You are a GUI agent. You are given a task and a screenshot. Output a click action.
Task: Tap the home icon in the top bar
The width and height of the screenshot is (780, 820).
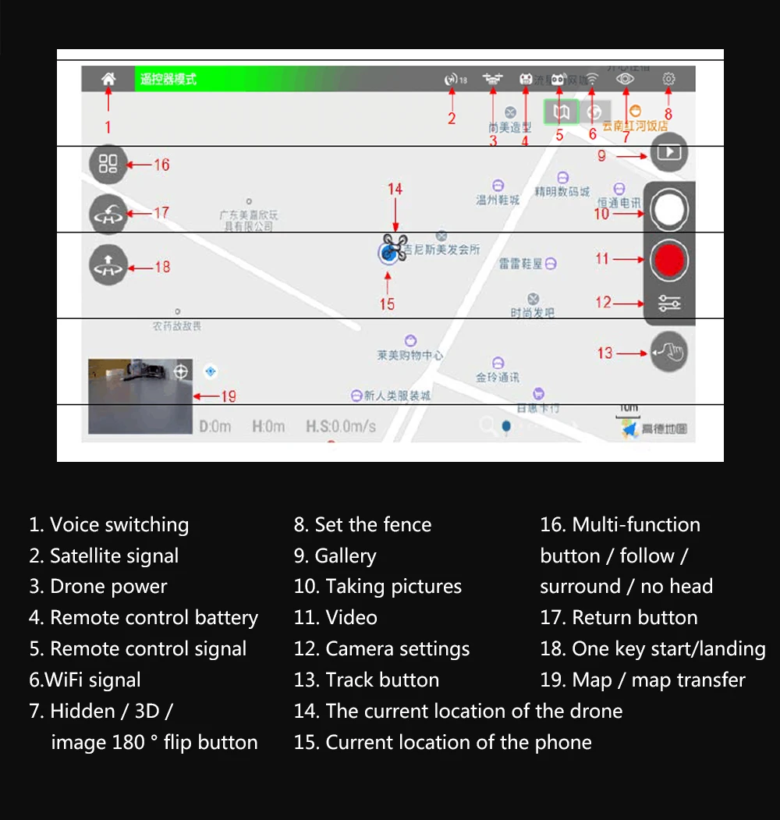pyautogui.click(x=108, y=79)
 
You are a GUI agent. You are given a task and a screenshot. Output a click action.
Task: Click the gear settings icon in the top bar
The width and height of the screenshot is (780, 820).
pyautogui.click(x=668, y=79)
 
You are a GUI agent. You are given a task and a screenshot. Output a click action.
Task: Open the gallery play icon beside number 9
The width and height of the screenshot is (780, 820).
pyautogui.click(x=668, y=152)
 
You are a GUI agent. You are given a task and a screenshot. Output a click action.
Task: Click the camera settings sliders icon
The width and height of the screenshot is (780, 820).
pyautogui.click(x=669, y=303)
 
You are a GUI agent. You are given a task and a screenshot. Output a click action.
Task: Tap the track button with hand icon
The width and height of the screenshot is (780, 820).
pyautogui.click(x=668, y=353)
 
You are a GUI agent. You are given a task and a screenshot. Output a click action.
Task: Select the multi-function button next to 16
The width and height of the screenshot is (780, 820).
pyautogui.click(x=108, y=164)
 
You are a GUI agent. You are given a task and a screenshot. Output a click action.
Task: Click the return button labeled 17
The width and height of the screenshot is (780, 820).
pyautogui.click(x=108, y=213)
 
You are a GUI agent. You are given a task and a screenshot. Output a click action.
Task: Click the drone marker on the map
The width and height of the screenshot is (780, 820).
pyautogui.click(x=395, y=247)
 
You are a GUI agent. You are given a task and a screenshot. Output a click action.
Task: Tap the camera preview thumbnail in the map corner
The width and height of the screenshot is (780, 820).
pyautogui.click(x=140, y=396)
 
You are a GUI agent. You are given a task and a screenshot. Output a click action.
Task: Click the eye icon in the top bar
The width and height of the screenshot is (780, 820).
pyautogui.click(x=626, y=79)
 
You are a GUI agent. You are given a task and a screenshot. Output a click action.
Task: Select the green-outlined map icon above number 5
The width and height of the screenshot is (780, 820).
pyautogui.click(x=561, y=112)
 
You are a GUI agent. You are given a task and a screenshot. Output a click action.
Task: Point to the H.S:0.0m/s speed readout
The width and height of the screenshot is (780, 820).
pyautogui.click(x=341, y=427)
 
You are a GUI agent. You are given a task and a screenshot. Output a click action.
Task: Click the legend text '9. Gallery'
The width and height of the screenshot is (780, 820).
pyautogui.click(x=335, y=556)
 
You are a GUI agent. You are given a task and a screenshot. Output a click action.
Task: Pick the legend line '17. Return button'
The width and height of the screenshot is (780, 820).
pyautogui.click(x=619, y=618)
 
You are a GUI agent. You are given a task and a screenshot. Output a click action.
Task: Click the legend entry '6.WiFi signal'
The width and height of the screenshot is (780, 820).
pyautogui.click(x=85, y=680)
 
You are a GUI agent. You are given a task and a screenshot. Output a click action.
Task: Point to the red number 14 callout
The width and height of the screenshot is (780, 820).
pyautogui.click(x=395, y=190)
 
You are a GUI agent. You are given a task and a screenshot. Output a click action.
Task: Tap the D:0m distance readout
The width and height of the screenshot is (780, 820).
pyautogui.click(x=215, y=427)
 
